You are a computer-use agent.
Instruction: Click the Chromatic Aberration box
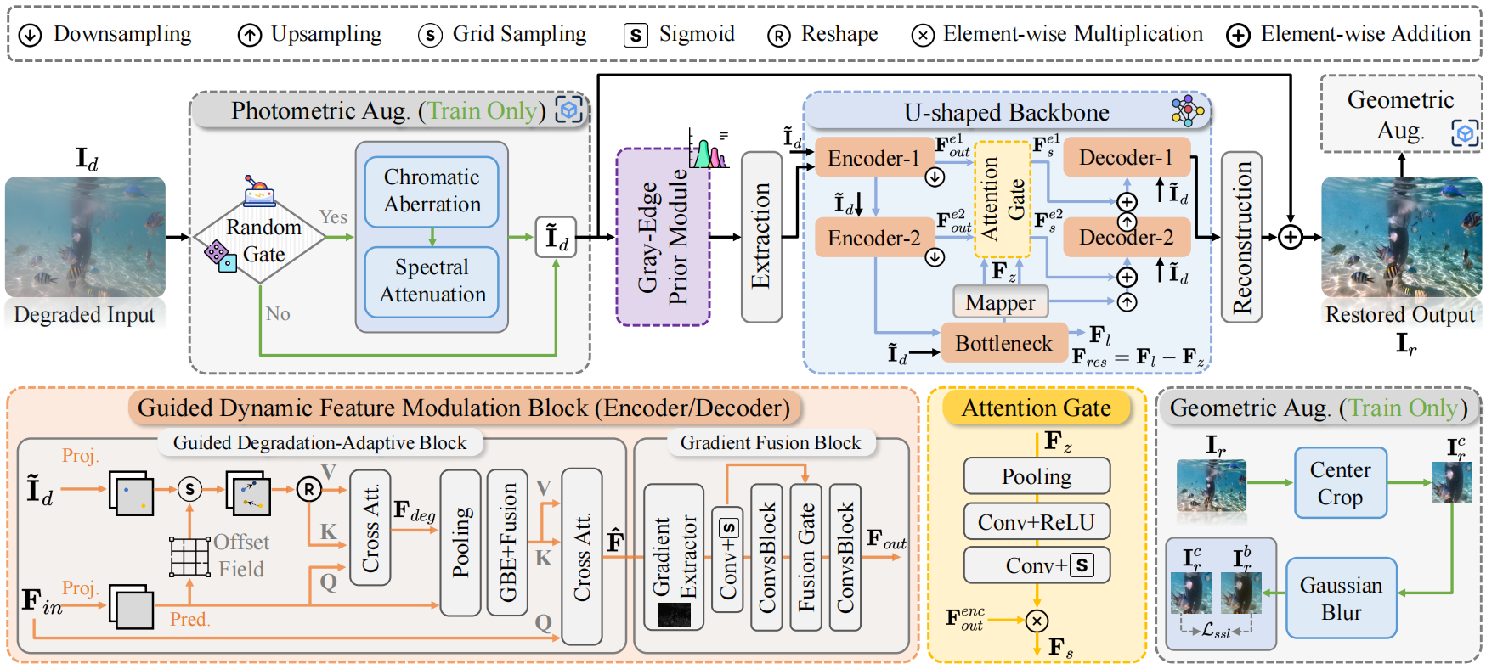pyautogui.click(x=432, y=191)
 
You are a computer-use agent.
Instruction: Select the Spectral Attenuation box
pyautogui.click(x=432, y=281)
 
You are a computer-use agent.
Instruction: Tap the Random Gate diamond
pyautogui.click(x=261, y=241)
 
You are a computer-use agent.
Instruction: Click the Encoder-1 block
pyautogui.click(x=873, y=159)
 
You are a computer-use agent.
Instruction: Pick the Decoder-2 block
pyautogui.click(x=1126, y=237)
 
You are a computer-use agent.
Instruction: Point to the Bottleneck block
pyautogui.click(x=1003, y=343)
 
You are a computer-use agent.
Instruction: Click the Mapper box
pyautogui.click(x=1000, y=302)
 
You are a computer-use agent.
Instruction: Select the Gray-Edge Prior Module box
pyautogui.click(x=663, y=237)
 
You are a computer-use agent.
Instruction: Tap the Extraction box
pyautogui.click(x=761, y=237)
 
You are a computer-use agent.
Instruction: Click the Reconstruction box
pyautogui.click(x=1241, y=237)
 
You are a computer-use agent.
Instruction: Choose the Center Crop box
pyautogui.click(x=1340, y=483)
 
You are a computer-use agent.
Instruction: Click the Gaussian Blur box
pyautogui.click(x=1341, y=598)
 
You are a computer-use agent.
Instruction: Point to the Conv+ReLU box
pyautogui.click(x=1037, y=521)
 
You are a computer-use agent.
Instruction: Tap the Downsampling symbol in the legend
pyautogui.click(x=31, y=35)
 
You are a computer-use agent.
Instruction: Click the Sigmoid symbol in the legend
pyautogui.click(x=636, y=35)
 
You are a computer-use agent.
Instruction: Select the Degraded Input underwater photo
pyautogui.click(x=85, y=237)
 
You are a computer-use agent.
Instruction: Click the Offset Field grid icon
pyautogui.click(x=189, y=557)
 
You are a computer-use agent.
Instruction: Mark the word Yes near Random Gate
pyautogui.click(x=333, y=217)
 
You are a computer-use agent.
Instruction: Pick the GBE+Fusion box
pyautogui.click(x=507, y=542)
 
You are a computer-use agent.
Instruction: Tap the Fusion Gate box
pyautogui.click(x=805, y=557)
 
